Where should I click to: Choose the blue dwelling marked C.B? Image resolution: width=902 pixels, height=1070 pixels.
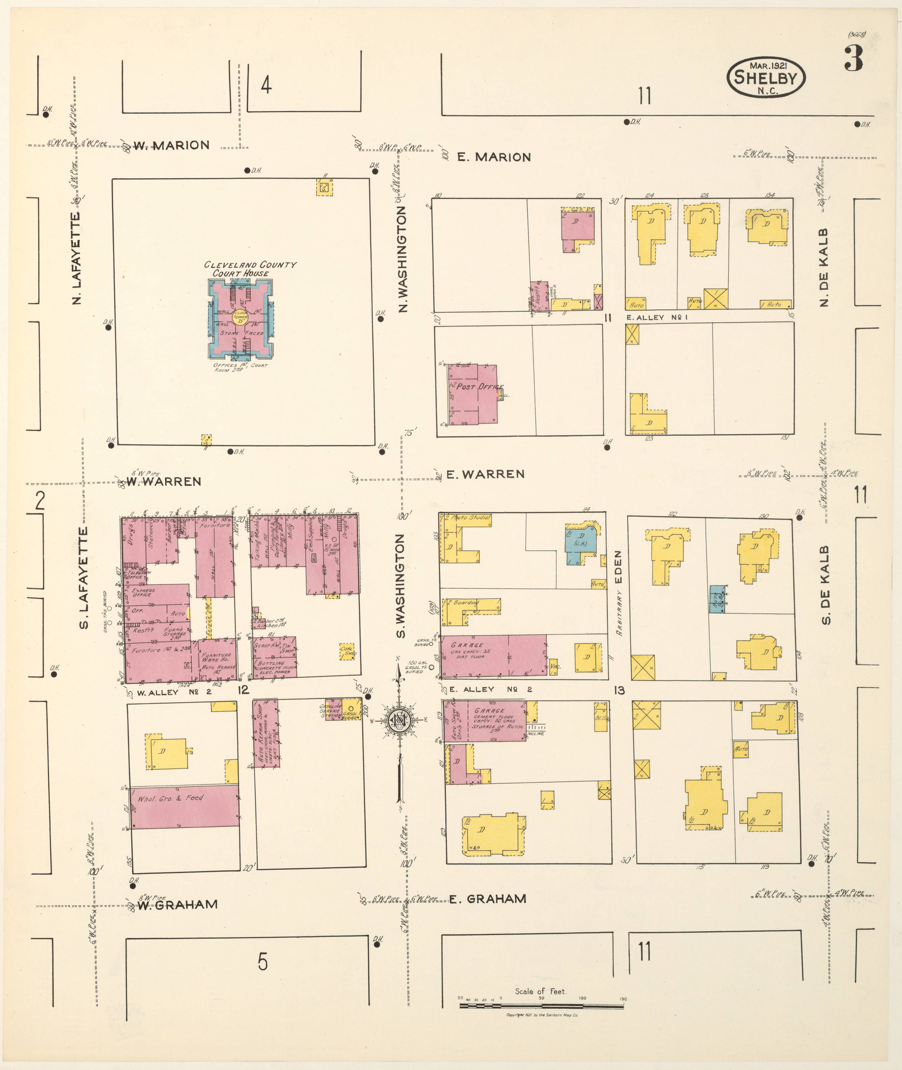click(x=580, y=544)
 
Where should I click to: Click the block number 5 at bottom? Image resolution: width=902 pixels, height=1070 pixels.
click(x=262, y=962)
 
